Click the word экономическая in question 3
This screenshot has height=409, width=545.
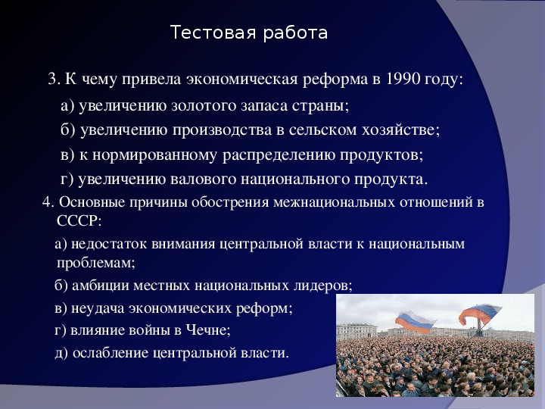tap(242, 80)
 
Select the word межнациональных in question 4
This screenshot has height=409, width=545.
tap(334, 202)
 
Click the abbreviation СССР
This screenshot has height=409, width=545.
tap(79, 220)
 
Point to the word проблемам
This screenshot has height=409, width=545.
tap(95, 263)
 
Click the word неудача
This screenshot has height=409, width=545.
tap(98, 308)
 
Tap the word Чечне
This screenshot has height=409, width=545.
tap(208, 329)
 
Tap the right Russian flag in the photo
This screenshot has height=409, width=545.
tap(481, 314)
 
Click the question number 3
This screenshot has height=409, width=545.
tap(54, 80)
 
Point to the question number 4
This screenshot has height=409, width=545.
tap(48, 202)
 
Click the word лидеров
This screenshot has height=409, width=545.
tap(322, 286)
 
